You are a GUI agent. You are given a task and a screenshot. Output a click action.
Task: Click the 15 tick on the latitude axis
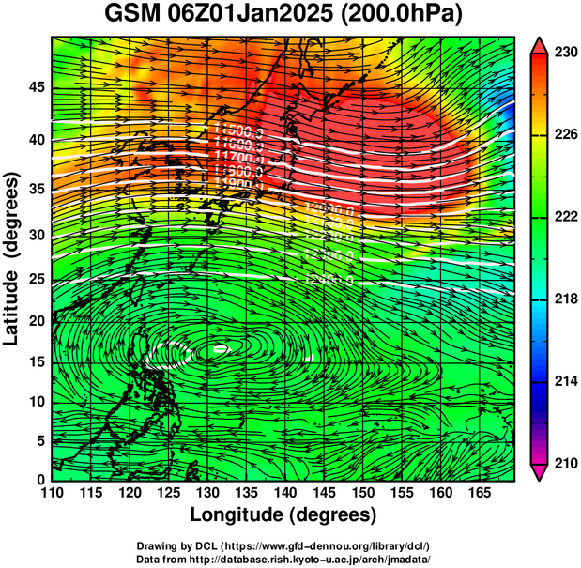click(x=37, y=361)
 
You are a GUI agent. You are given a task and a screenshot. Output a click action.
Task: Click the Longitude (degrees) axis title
click(x=283, y=515)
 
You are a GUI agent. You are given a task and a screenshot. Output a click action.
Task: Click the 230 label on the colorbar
click(x=562, y=54)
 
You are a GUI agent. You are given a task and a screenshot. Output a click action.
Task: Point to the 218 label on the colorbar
click(x=562, y=299)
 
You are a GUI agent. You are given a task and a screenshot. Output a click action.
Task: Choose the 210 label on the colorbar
click(x=562, y=463)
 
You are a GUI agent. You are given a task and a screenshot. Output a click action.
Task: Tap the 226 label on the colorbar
click(x=562, y=136)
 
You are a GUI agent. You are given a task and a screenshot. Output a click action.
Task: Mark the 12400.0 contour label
click(x=329, y=280)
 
